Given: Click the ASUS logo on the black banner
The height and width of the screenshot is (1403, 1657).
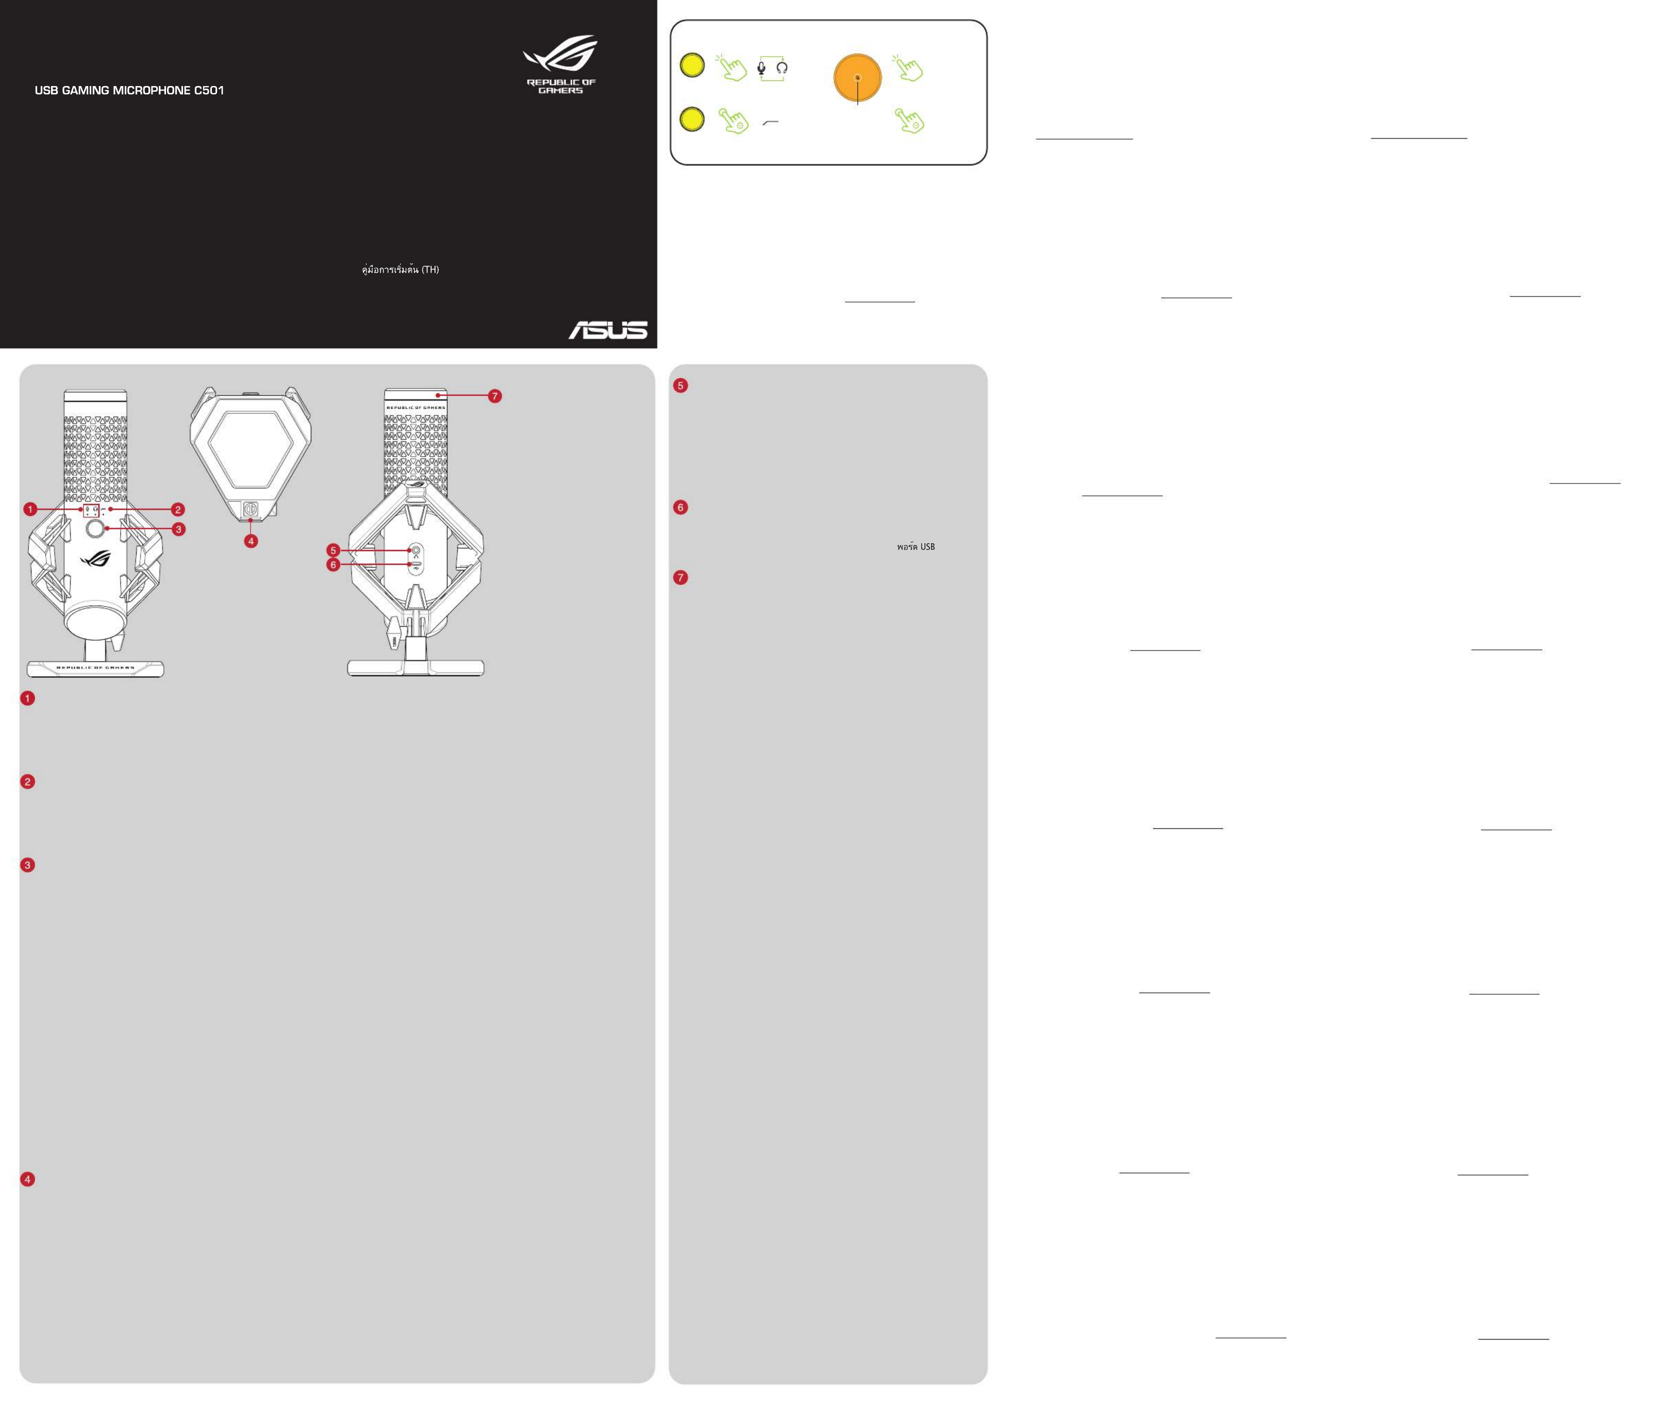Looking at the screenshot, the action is (x=608, y=330).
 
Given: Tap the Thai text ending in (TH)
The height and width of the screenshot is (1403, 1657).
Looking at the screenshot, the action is (x=400, y=270).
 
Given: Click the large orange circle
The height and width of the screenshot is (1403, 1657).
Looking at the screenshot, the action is (x=857, y=78).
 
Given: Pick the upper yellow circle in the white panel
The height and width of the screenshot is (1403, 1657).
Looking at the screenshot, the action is (x=692, y=65).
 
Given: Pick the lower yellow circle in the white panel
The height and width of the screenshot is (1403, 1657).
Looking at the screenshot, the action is (x=692, y=119).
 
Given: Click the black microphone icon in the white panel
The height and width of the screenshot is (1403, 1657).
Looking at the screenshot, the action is (x=761, y=69).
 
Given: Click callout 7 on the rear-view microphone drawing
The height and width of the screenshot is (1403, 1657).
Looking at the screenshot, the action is (x=495, y=396).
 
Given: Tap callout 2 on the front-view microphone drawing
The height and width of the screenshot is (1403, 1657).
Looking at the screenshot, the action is (x=178, y=509).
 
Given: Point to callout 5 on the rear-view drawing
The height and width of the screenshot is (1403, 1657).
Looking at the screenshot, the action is (x=334, y=550).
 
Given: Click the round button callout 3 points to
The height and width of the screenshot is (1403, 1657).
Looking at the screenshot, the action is (x=95, y=528).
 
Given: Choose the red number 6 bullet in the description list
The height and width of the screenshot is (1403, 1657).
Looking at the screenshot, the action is (x=680, y=507).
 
